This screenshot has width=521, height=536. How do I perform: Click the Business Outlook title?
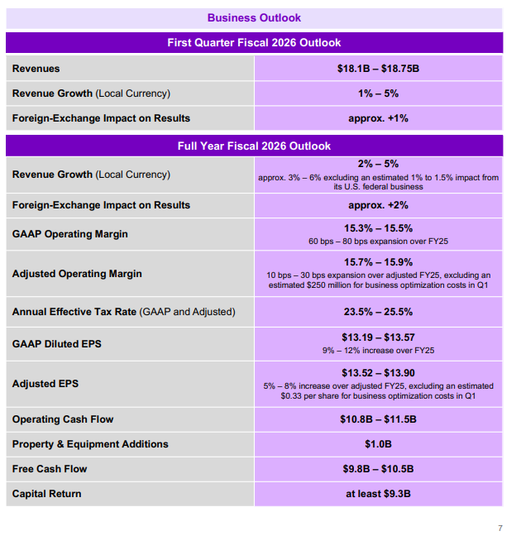[254, 17]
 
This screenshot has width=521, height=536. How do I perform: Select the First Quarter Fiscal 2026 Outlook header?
[254, 42]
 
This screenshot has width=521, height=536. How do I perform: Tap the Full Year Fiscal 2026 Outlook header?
[254, 146]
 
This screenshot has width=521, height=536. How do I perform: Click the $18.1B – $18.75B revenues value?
[378, 68]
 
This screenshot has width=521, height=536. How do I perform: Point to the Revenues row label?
[36, 68]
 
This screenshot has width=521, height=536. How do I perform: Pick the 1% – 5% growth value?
[378, 93]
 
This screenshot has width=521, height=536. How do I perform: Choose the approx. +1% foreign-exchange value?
[378, 118]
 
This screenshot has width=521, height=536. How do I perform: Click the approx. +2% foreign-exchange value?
[378, 205]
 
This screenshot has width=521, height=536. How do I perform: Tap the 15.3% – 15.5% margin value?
[378, 228]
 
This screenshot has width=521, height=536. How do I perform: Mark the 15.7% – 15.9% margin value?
[378, 261]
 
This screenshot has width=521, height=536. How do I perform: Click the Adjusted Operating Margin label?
[77, 274]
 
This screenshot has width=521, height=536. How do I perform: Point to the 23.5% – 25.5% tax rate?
[378, 312]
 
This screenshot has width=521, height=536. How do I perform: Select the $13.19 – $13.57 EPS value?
[378, 337]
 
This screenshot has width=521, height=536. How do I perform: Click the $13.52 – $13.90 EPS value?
[378, 373]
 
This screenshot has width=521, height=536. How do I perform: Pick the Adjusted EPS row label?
[45, 384]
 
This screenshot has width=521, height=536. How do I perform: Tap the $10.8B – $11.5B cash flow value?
[378, 419]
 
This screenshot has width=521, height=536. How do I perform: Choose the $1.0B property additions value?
[378, 444]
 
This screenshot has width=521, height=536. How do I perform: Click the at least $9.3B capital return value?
[378, 494]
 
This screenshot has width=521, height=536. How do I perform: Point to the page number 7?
[499, 528]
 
